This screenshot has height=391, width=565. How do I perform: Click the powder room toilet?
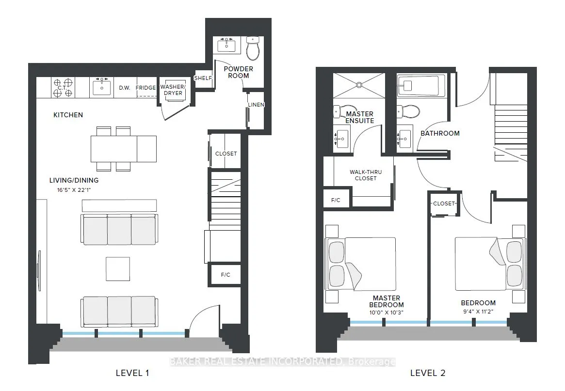pyautogui.click(x=253, y=48)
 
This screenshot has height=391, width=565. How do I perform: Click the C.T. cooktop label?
pyautogui.click(x=63, y=88)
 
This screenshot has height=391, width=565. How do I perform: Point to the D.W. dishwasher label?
pyautogui.click(x=125, y=88)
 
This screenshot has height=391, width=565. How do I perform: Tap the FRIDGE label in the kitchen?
pyautogui.click(x=145, y=88)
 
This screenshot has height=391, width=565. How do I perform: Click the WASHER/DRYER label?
pyautogui.click(x=173, y=90)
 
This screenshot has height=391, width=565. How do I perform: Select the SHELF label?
pyautogui.click(x=203, y=78)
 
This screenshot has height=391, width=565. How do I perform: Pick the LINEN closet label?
pyautogui.click(x=256, y=105)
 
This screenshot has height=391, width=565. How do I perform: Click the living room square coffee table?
pyautogui.click(x=118, y=269)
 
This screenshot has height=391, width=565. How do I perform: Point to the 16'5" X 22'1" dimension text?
pyautogui.click(x=74, y=190)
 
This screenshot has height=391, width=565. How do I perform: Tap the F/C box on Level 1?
pyautogui.click(x=226, y=275)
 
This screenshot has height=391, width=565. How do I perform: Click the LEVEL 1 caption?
pyautogui.click(x=132, y=373)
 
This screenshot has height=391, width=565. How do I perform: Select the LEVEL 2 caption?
pyautogui.click(x=428, y=373)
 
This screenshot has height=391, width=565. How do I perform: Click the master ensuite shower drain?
pyautogui.click(x=359, y=85)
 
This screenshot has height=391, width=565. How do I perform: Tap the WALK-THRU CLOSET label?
pyautogui.click(x=366, y=175)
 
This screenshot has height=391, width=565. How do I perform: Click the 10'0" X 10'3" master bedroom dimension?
pyautogui.click(x=386, y=313)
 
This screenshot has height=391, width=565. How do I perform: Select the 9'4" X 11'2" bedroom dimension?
pyautogui.click(x=478, y=312)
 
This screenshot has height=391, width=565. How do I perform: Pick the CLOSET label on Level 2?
pyautogui.click(x=444, y=204)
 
